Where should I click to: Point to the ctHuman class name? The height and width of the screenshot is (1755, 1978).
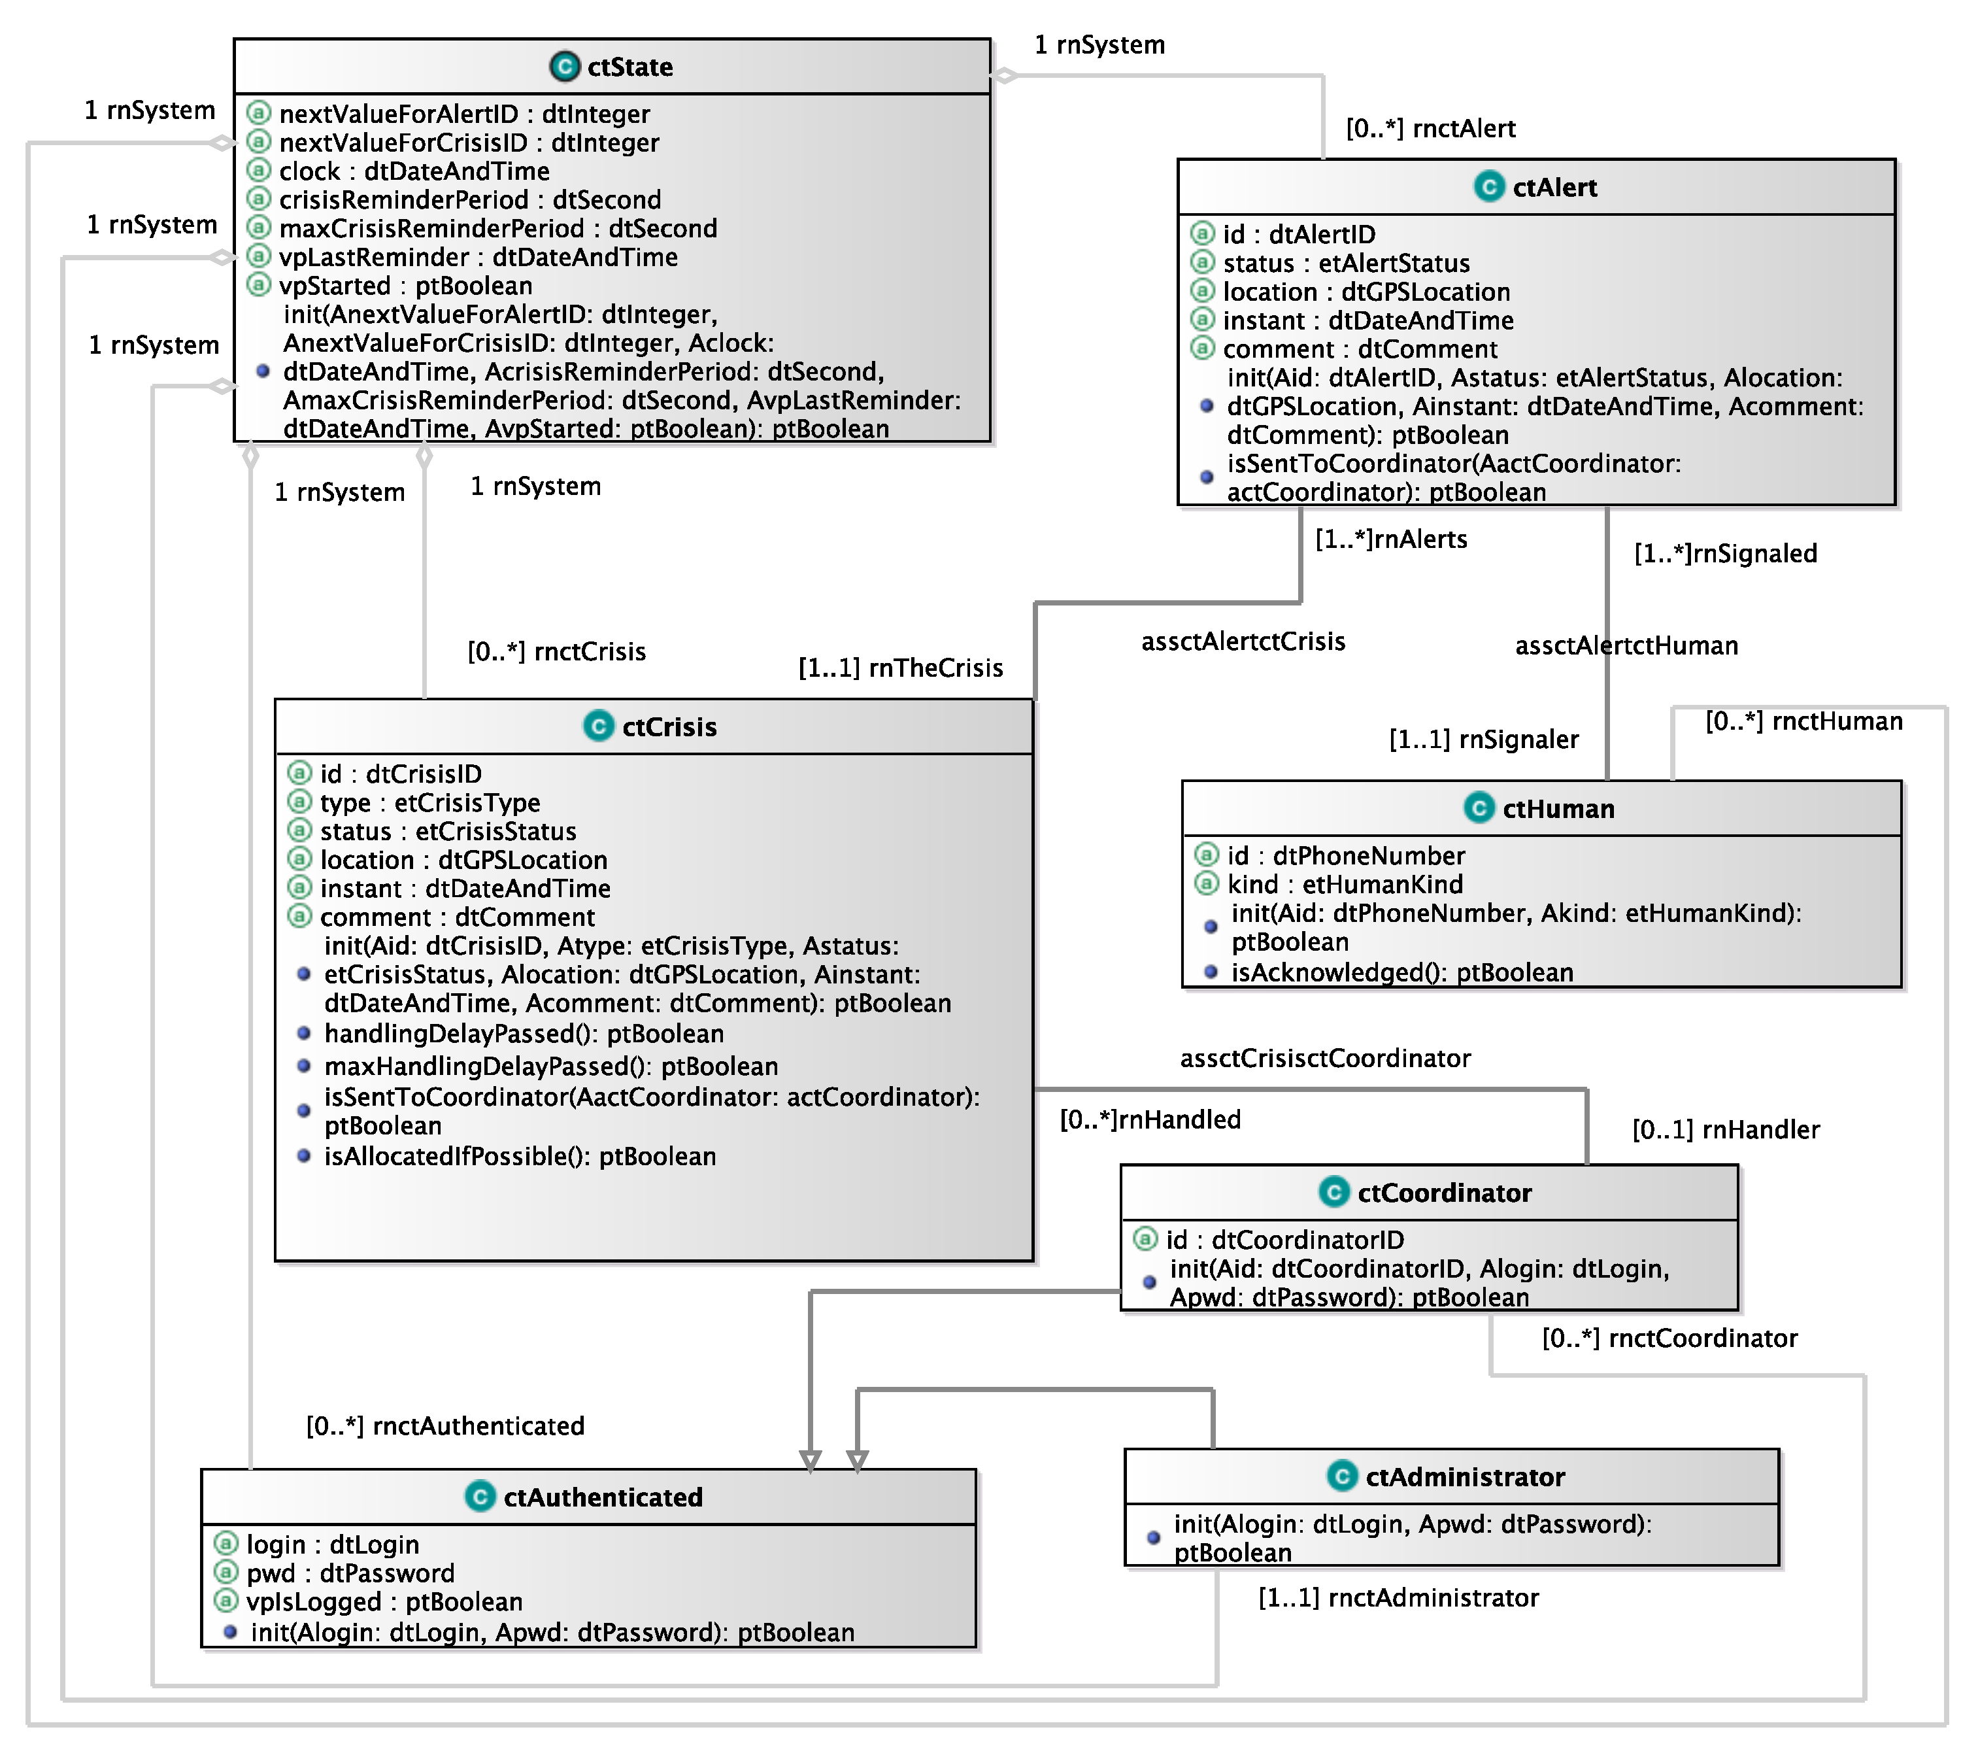(1557, 809)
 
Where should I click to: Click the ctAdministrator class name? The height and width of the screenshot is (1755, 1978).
(1464, 1477)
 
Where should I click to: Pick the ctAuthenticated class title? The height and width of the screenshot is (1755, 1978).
(602, 1497)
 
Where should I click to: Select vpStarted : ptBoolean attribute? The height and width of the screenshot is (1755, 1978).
(405, 286)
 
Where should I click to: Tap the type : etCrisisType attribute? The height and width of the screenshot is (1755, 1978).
(429, 802)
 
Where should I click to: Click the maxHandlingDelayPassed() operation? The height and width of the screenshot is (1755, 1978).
(550, 1066)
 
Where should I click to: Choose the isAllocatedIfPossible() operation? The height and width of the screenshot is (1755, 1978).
(520, 1157)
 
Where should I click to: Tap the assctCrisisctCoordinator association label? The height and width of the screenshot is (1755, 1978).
(1325, 1059)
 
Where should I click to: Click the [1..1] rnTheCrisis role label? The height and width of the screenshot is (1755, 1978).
(900, 668)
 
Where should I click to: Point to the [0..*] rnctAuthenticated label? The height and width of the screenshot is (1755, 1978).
(445, 1426)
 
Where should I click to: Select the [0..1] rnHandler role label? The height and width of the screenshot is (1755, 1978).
(1726, 1130)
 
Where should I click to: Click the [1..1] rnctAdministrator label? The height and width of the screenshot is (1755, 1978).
(1398, 1598)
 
